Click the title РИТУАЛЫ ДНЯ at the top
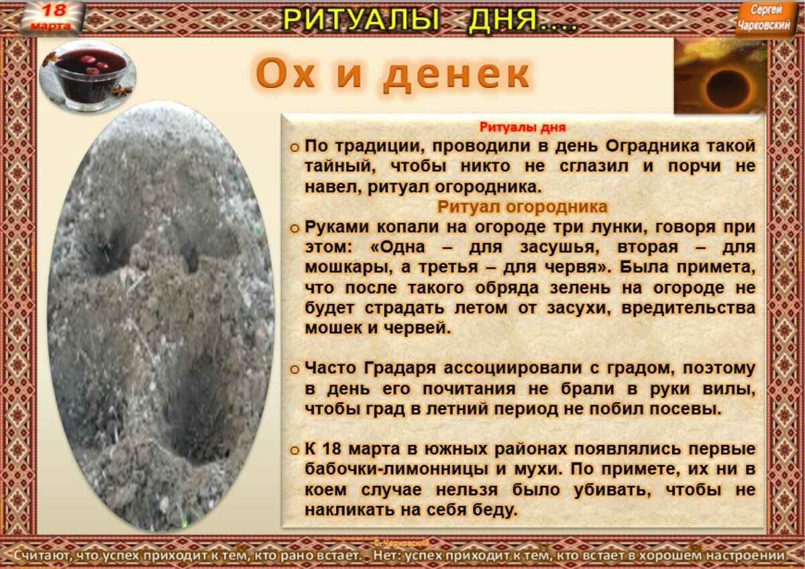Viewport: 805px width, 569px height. (429, 19)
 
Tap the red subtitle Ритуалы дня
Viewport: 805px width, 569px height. (523, 127)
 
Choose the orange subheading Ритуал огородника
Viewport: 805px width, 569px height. (523, 207)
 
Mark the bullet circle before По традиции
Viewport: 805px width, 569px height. (294, 147)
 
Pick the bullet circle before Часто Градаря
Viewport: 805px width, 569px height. (294, 369)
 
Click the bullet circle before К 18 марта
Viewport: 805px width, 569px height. (294, 450)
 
